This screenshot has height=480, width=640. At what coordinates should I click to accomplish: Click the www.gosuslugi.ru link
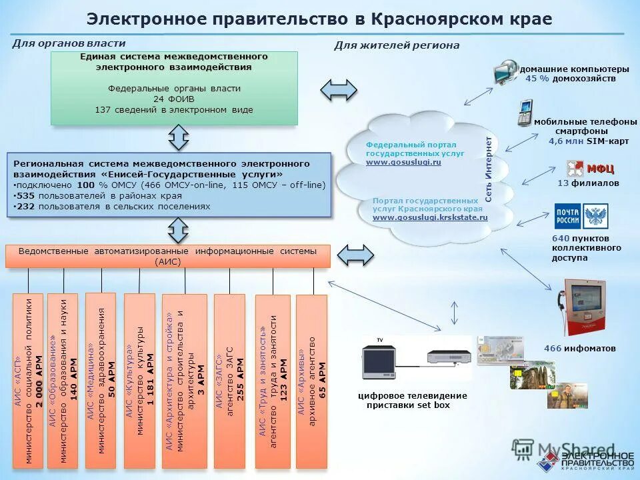tap(403, 162)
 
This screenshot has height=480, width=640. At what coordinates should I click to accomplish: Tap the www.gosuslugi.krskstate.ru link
tap(430, 217)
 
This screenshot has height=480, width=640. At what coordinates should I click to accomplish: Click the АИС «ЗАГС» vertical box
tap(229, 381)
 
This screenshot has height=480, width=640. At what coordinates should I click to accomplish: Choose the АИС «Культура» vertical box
tap(139, 380)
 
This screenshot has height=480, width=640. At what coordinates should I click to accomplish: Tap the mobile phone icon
tap(525, 112)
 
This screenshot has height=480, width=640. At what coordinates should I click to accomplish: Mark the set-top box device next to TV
tap(449, 361)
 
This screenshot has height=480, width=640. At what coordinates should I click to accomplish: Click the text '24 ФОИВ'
tap(173, 99)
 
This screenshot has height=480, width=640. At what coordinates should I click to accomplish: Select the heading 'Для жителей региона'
tap(396, 45)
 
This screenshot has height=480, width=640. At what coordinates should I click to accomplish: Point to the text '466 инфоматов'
tap(579, 349)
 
